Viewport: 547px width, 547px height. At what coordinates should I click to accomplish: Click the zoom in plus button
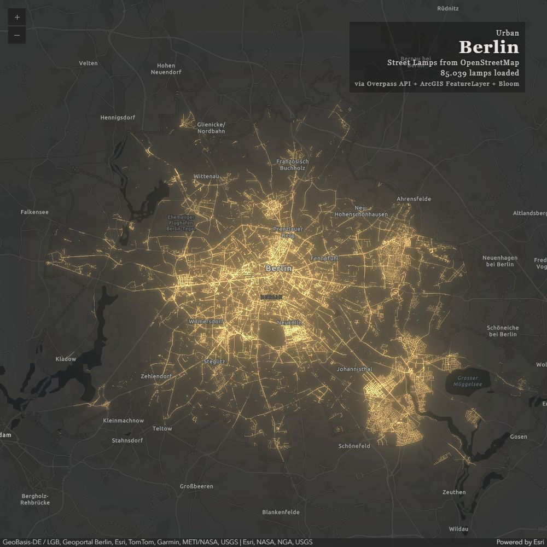(x=17, y=17)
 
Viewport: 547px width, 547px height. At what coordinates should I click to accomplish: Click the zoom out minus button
(x=17, y=35)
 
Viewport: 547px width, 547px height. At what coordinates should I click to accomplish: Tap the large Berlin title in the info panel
(x=488, y=47)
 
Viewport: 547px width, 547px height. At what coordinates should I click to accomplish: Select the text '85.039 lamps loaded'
(x=480, y=73)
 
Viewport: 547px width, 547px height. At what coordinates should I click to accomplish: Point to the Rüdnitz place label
(x=448, y=8)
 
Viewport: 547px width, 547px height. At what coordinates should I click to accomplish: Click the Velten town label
(x=88, y=63)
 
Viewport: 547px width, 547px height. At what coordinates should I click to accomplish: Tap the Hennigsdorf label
(x=118, y=117)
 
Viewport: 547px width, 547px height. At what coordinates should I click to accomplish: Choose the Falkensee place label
(x=34, y=211)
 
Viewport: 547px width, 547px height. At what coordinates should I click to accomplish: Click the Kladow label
(x=66, y=359)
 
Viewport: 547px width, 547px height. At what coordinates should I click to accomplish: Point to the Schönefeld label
(x=354, y=446)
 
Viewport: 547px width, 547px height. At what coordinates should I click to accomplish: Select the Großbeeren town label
(x=196, y=486)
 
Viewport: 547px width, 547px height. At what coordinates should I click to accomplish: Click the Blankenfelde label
(x=281, y=512)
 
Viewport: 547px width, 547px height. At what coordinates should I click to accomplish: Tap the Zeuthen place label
(x=454, y=492)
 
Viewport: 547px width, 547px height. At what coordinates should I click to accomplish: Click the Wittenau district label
(x=206, y=176)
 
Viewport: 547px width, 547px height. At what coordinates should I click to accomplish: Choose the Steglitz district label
(x=214, y=362)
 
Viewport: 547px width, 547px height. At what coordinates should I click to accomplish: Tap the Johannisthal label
(x=354, y=369)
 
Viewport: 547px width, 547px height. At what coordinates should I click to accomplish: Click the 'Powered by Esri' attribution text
(x=520, y=542)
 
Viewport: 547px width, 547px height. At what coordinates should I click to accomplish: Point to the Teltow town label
(x=162, y=428)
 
